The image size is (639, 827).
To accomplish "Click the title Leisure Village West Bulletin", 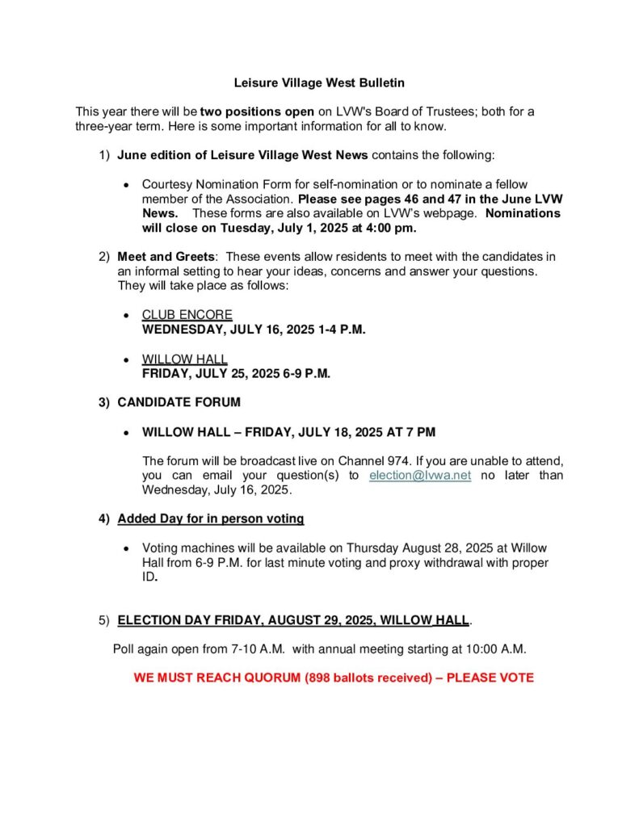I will coord(319,82).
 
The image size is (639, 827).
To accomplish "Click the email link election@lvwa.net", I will coord(419,476).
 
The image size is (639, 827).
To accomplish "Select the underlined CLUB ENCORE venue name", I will coord(187,314).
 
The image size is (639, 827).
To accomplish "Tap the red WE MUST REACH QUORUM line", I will coord(334,678).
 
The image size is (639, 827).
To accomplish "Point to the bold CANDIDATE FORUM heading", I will coord(179,401).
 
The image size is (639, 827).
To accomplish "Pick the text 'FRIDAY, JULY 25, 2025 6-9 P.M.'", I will coord(236,373).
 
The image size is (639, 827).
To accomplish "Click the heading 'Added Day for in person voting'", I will coord(210,518).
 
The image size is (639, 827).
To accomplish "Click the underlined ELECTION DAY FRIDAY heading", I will coord(293,620).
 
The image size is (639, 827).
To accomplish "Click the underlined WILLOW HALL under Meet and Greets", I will coord(184,359).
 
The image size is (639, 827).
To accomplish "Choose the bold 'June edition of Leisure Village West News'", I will coord(242,154).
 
